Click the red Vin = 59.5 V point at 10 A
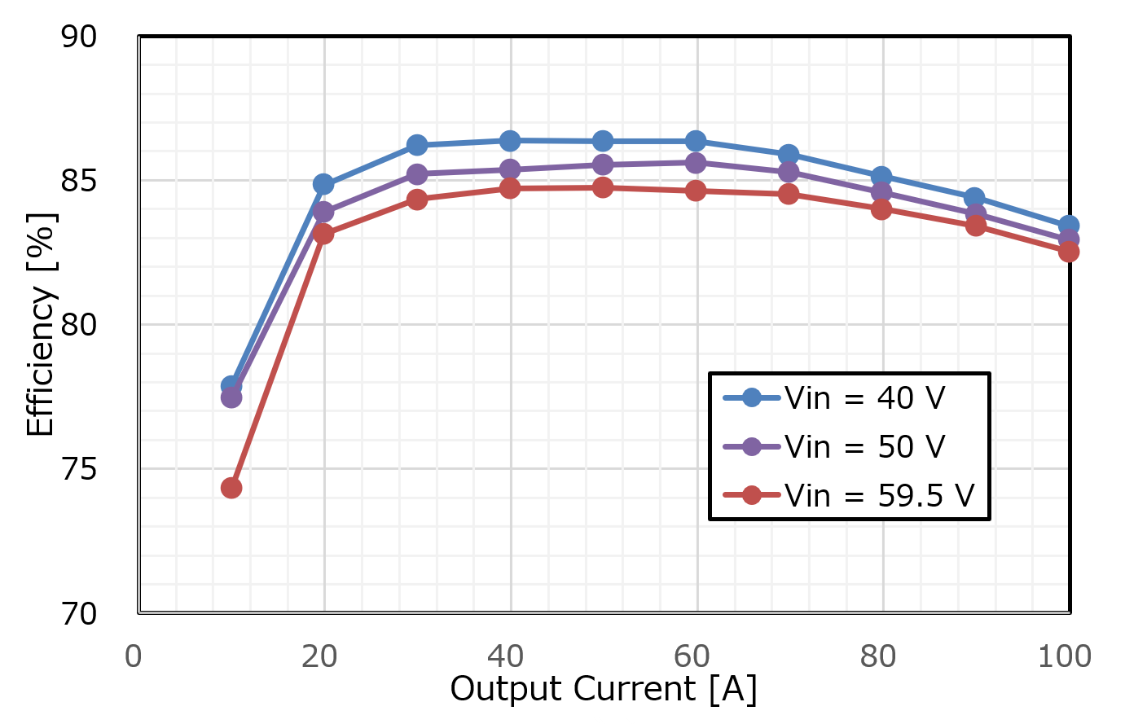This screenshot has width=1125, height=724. pyautogui.click(x=231, y=488)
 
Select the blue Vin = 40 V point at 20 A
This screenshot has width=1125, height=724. pyautogui.click(x=323, y=184)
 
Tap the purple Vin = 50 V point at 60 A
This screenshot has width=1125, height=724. pyautogui.click(x=696, y=163)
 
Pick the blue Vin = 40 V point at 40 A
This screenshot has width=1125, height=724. pyautogui.click(x=510, y=141)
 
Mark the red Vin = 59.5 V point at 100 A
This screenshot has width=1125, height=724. pyautogui.click(x=1068, y=252)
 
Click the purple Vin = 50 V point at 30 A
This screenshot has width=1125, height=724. pyautogui.click(x=417, y=174)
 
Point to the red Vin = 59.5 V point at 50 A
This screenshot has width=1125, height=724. pyautogui.click(x=603, y=187)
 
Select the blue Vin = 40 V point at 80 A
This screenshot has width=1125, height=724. pyautogui.click(x=881, y=177)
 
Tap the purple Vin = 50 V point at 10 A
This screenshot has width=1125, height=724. pyautogui.click(x=231, y=397)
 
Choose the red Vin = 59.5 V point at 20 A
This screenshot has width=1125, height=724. pyautogui.click(x=323, y=234)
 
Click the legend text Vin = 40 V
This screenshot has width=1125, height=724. pyautogui.click(x=864, y=398)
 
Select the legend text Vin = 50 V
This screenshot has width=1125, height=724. pyautogui.click(x=864, y=446)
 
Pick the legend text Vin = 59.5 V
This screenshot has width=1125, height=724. pyautogui.click(x=879, y=495)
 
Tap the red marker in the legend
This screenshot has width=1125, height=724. pyautogui.click(x=752, y=495)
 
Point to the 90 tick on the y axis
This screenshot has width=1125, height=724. pyautogui.click(x=79, y=37)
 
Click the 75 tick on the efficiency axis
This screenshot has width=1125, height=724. pyautogui.click(x=79, y=469)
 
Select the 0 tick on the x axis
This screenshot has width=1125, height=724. pyautogui.click(x=134, y=656)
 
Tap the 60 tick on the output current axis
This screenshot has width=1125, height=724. pyautogui.click(x=692, y=656)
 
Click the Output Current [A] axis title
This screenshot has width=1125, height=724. pyautogui.click(x=604, y=689)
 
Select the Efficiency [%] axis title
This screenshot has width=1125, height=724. pyautogui.click(x=41, y=324)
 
